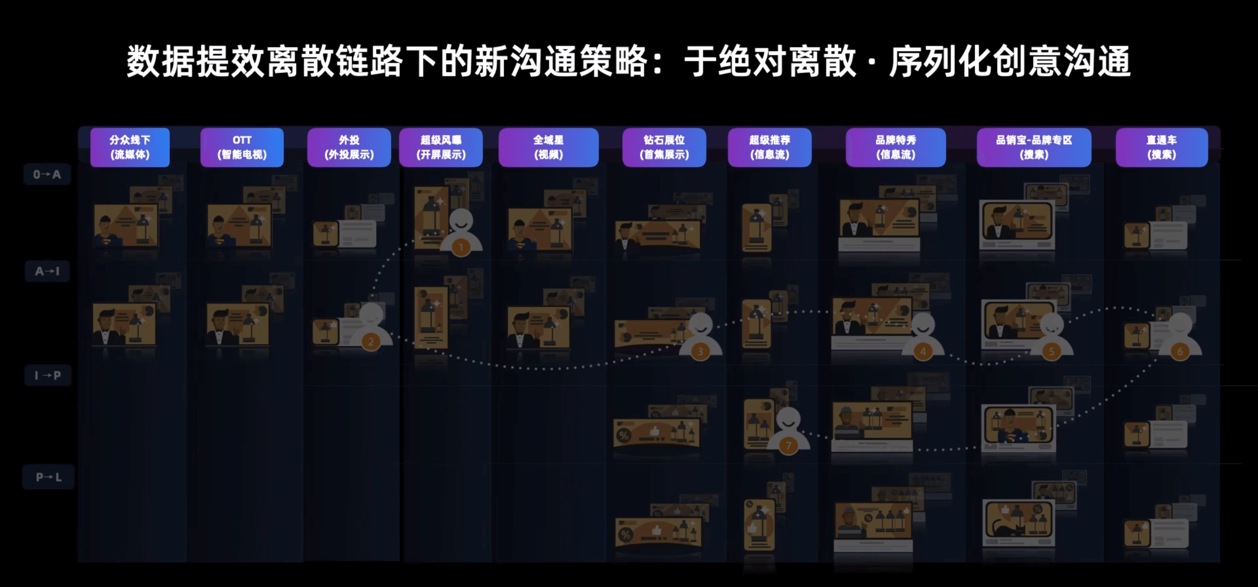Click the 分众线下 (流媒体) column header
[130, 147]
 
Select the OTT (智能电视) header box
[242, 147]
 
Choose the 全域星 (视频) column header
[548, 147]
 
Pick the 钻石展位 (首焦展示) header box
[664, 147]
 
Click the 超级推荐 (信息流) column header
[770, 147]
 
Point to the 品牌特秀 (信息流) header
[896, 147]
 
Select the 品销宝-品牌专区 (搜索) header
[1034, 147]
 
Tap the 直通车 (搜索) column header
[1161, 147]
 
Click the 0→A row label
[47, 174]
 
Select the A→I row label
[47, 271]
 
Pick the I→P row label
[48, 375]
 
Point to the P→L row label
[48, 477]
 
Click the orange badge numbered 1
[461, 248]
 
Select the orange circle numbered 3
[700, 351]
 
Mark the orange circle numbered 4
[922, 351]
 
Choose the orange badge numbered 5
[1051, 351]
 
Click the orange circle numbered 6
[1180, 351]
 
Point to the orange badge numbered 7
[788, 446]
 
